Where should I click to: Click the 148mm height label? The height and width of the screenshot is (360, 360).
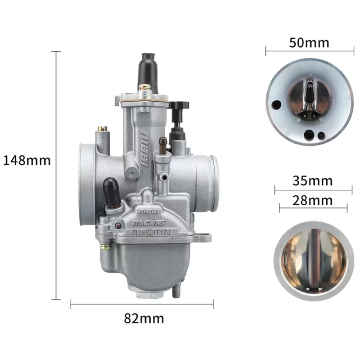pyautogui.click(x=27, y=160)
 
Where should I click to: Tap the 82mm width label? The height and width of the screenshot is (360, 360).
pyautogui.click(x=144, y=319)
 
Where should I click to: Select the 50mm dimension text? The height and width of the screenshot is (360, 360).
pyautogui.click(x=309, y=43)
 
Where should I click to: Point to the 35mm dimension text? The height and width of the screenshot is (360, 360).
pyautogui.click(x=312, y=181)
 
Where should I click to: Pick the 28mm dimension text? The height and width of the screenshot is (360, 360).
pyautogui.click(x=312, y=200)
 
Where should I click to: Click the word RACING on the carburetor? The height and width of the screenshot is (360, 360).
pyautogui.click(x=148, y=223)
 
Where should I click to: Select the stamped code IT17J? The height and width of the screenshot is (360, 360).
pyautogui.click(x=162, y=233)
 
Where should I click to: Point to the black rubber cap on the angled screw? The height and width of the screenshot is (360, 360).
pyautogui.click(x=111, y=192)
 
